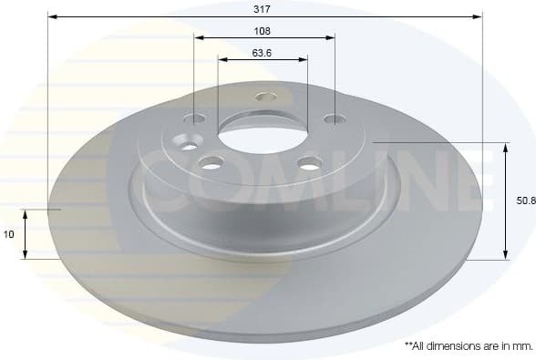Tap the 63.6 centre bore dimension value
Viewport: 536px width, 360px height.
[263, 52]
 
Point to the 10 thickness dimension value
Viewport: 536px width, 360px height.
[9, 234]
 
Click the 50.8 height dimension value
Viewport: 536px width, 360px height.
[525, 201]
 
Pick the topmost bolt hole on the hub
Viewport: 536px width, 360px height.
[265, 96]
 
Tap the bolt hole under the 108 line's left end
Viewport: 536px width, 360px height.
[195, 118]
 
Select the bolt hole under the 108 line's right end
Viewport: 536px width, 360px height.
[335, 118]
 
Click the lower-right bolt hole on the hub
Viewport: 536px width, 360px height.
[311, 164]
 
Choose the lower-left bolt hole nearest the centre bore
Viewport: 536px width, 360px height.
[211, 164]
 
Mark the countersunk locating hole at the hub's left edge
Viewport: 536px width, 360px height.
[189, 146]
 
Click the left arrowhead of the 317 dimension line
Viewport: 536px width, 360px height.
[51, 16]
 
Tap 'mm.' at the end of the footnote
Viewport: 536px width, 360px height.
[522, 346]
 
